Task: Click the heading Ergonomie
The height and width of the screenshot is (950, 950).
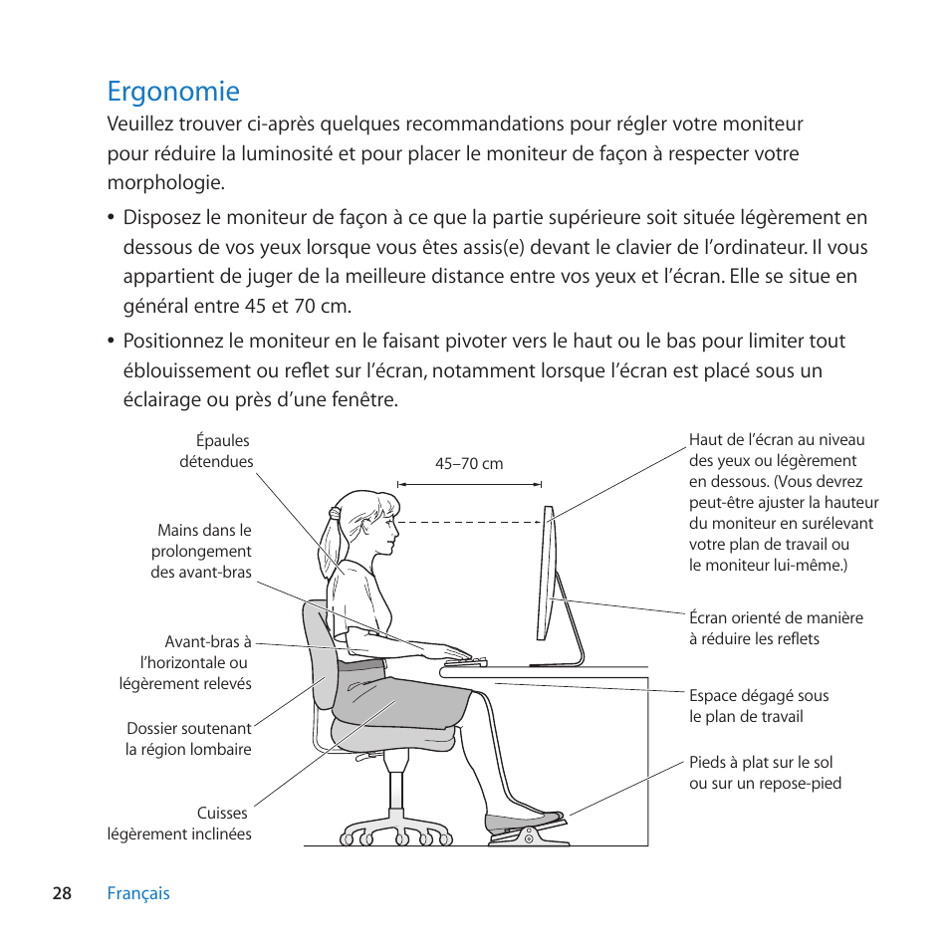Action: tap(173, 92)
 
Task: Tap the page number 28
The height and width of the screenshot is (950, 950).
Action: tap(62, 893)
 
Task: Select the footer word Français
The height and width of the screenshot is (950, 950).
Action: tap(138, 893)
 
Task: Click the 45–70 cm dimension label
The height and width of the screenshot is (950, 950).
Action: tap(469, 464)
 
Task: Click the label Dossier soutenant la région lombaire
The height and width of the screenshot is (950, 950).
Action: tap(188, 739)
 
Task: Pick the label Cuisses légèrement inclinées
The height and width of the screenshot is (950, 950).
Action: tap(180, 824)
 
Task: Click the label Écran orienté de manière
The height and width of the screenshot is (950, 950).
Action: tap(775, 628)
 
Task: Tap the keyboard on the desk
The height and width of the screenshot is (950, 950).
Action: tap(465, 661)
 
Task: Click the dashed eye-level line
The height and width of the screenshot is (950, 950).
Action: tap(468, 521)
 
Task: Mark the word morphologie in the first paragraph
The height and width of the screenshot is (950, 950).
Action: tap(165, 183)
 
